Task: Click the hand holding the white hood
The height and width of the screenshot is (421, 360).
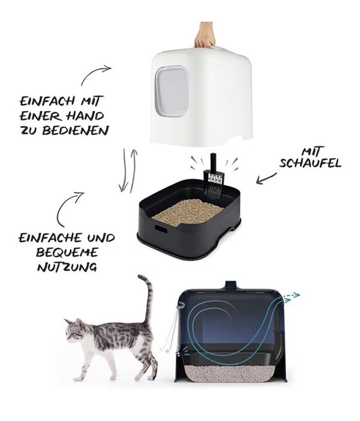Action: (x=205, y=36)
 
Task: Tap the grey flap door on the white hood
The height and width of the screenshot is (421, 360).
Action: (x=172, y=91)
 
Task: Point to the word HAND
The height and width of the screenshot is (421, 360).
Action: (x=85, y=116)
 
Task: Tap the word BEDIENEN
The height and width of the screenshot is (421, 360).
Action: (x=80, y=130)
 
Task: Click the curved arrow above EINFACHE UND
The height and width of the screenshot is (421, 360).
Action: (x=69, y=208)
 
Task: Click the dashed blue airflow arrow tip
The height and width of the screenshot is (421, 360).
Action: (x=296, y=295)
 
